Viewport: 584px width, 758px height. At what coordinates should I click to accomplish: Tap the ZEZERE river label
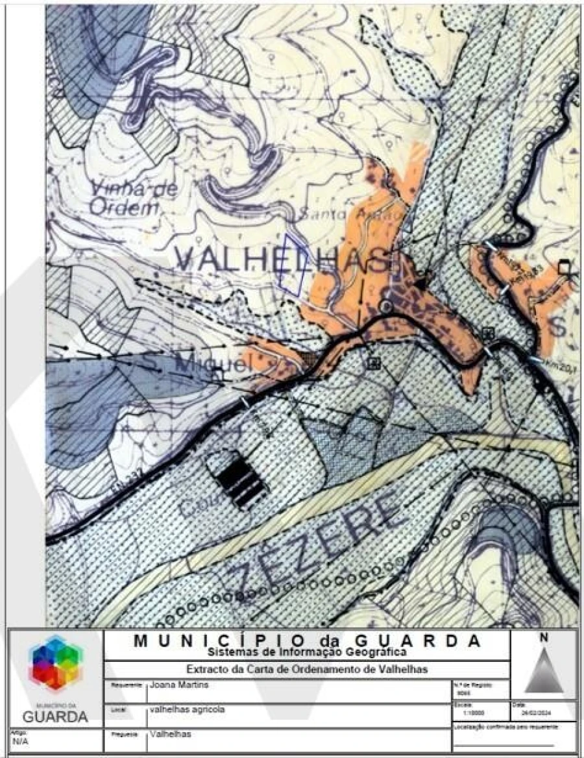(318, 542)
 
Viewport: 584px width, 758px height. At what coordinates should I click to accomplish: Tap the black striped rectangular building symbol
(237, 480)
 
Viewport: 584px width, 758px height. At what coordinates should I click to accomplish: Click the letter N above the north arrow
(544, 638)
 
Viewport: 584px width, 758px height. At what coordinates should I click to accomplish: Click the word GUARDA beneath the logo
(56, 717)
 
